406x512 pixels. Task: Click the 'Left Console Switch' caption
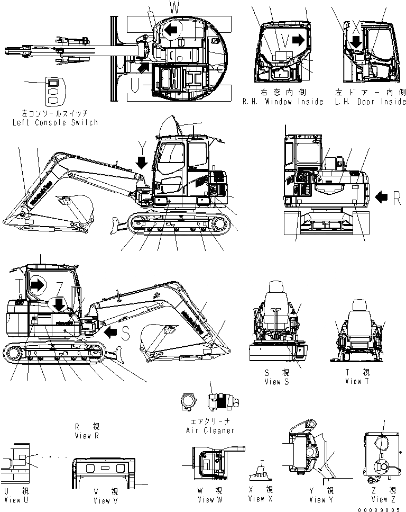point(55,122)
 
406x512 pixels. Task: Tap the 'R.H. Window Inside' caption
point(282,102)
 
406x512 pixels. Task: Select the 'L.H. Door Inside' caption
point(371,102)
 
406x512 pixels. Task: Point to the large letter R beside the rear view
point(397,197)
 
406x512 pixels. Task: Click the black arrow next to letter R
point(381,197)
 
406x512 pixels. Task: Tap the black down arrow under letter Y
point(141,161)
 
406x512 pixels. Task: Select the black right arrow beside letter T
point(37,285)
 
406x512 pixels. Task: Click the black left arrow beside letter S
point(111,333)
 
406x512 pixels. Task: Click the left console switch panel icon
point(52,92)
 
